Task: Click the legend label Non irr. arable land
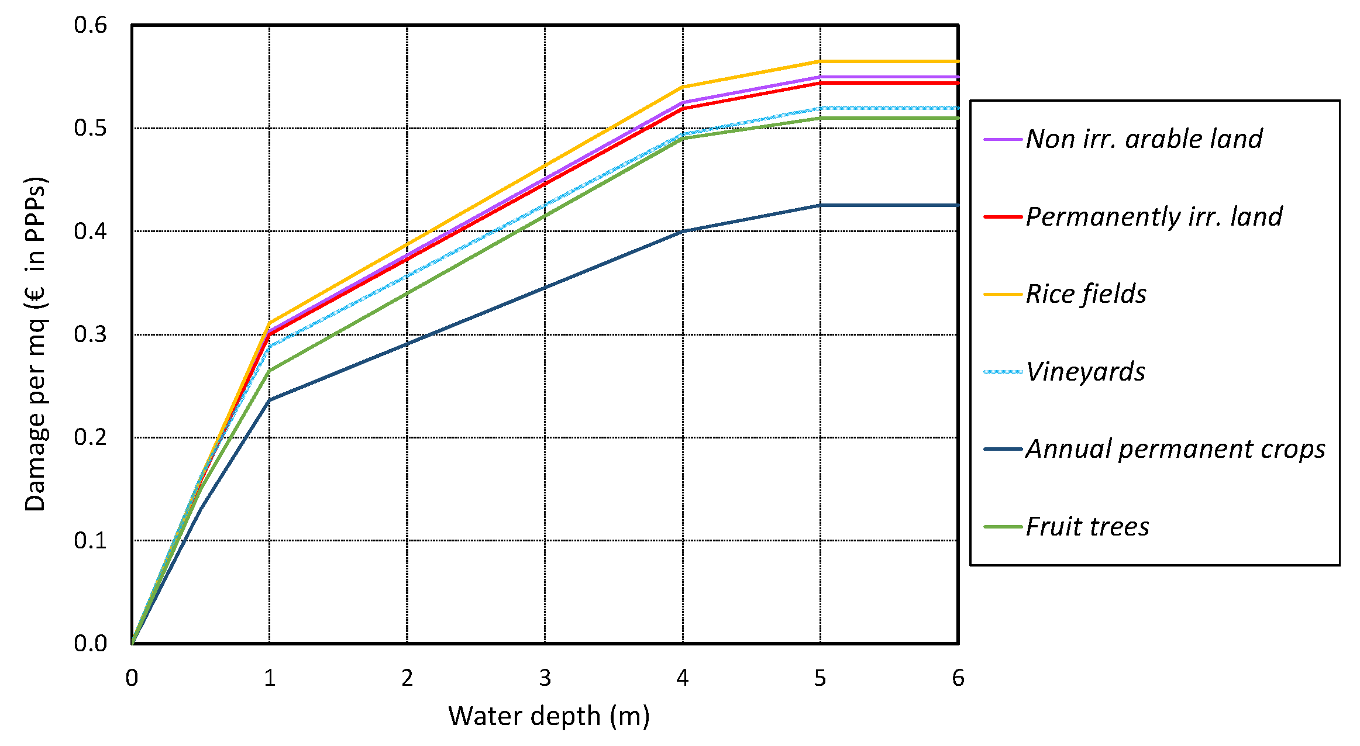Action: pos(1144,139)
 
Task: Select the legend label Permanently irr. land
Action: pos(1154,217)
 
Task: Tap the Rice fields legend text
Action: pos(1086,294)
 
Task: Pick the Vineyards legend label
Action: pos(1085,372)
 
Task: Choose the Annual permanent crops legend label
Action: pos(1175,449)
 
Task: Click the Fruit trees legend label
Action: pos(1087,527)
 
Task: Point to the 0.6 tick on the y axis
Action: pos(91,25)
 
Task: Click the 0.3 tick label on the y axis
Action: pos(91,334)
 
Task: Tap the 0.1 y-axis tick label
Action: pos(91,541)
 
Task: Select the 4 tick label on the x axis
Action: pos(683,678)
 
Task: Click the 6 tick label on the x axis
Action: pos(958,678)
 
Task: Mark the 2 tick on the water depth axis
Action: pos(407,678)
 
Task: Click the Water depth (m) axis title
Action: pos(549,716)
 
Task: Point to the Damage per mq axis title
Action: pos(35,344)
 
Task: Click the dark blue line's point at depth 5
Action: pos(820,205)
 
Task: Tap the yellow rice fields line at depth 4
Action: pos(683,87)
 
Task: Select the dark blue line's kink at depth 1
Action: pos(269,400)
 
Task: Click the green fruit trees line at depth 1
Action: pos(269,371)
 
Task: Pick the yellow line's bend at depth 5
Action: pos(820,61)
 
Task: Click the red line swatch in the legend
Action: pos(1003,217)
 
